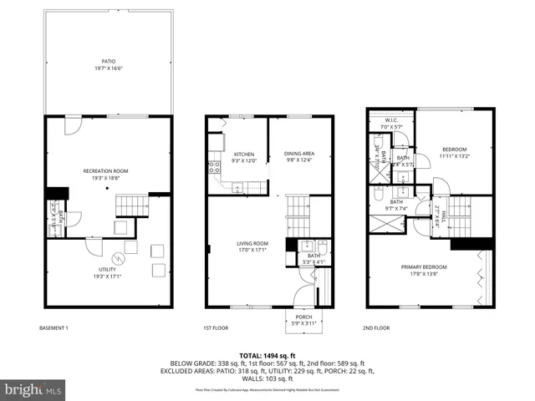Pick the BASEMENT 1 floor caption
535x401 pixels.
[54, 328]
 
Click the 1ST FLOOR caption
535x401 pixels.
[217, 328]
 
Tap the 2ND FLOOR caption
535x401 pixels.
[377, 328]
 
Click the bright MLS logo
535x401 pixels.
[33, 389]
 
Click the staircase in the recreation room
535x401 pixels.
[131, 205]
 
